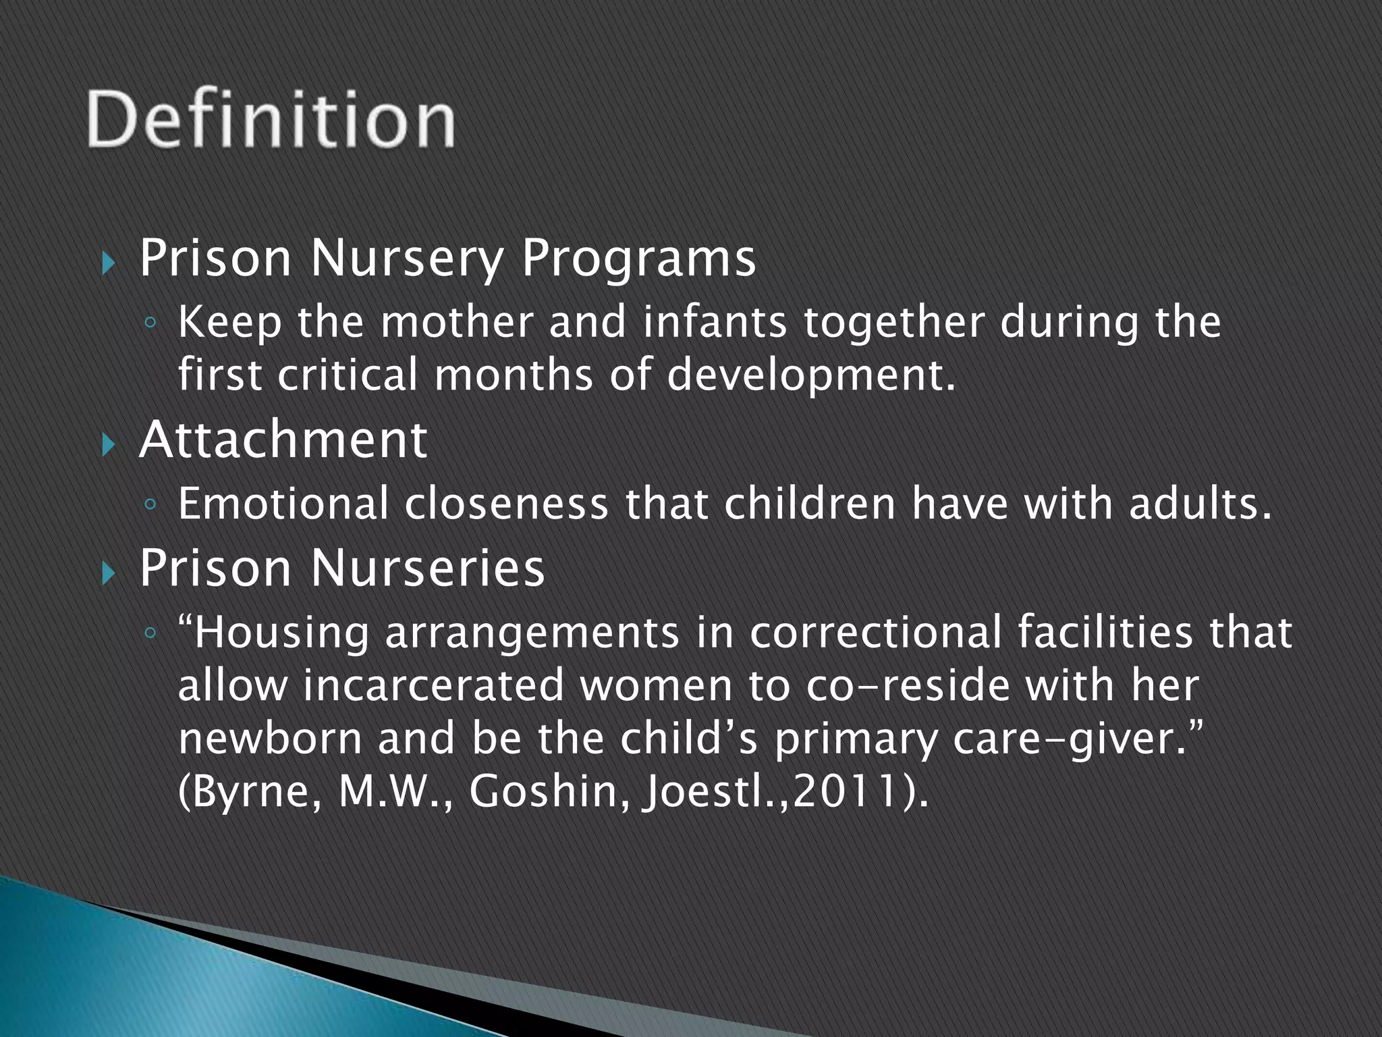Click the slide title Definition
pos(270,119)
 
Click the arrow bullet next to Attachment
pos(109,444)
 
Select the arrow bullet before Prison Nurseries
pos(109,573)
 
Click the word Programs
pos(638,260)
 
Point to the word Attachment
pos(283,440)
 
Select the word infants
pos(715,322)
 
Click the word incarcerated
pos(433,686)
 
